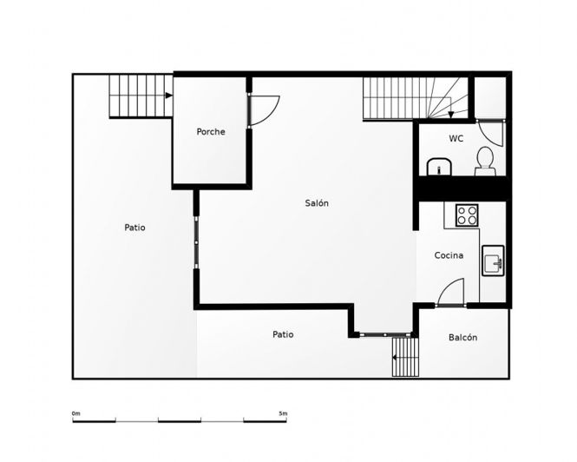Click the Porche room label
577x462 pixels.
coord(211,131)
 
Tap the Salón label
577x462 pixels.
coord(317,202)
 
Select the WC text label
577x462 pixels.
coord(456,139)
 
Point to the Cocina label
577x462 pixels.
coord(449,255)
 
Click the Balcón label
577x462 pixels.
coord(463,337)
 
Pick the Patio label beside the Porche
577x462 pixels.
coord(134,228)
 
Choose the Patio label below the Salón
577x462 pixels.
coord(283,334)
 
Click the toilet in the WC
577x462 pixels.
coord(485,161)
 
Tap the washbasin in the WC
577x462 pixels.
coord(439,167)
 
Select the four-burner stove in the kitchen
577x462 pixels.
coord(467,215)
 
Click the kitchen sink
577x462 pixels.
coord(493,261)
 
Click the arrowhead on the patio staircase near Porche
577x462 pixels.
coord(169,96)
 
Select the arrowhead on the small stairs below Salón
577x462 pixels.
coord(394,358)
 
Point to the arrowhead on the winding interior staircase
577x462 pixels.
coord(451,115)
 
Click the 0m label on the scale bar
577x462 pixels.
coord(75,413)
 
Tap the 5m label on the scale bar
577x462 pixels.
coord(283,413)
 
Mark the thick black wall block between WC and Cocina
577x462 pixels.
coord(462,188)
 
